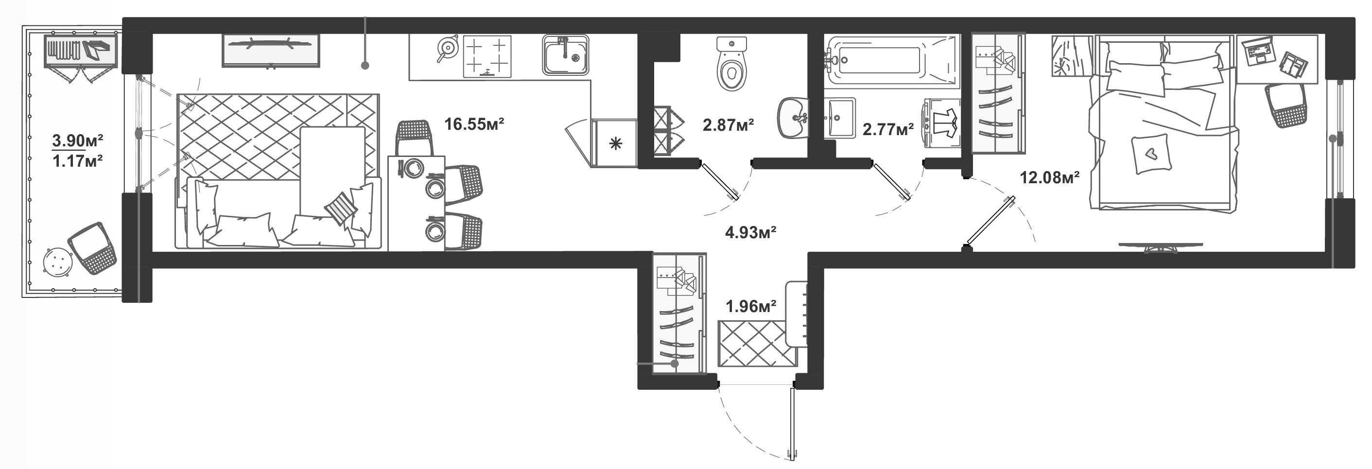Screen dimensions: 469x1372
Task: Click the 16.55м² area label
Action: tap(474, 124)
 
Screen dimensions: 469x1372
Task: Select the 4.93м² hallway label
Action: tap(750, 232)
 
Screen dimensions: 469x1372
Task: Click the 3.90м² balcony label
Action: tap(77, 140)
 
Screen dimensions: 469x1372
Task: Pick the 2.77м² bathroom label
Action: tap(888, 129)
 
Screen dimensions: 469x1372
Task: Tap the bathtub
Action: tap(892, 61)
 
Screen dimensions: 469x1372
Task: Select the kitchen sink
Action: tap(566, 54)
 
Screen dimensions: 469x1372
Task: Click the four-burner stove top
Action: tap(487, 56)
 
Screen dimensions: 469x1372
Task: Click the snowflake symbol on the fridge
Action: tap(616, 143)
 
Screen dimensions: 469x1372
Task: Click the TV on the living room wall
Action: tap(271, 51)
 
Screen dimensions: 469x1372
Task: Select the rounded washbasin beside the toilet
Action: tap(794, 118)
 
